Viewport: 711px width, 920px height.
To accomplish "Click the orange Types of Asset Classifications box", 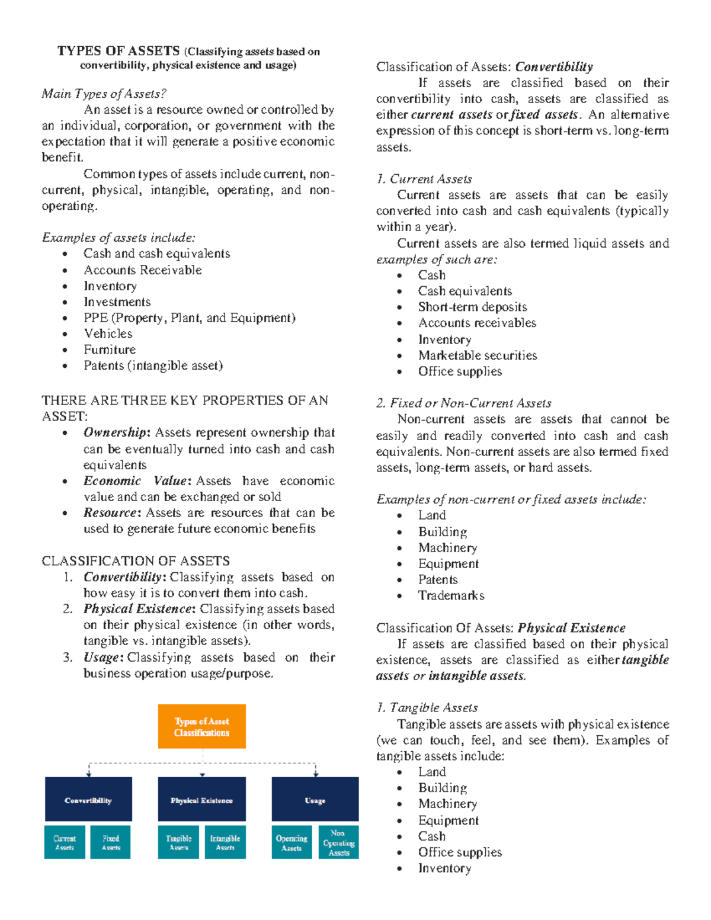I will tap(201, 726).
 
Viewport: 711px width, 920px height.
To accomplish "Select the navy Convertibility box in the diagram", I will tap(88, 799).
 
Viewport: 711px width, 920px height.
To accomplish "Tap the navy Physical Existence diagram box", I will tap(201, 799).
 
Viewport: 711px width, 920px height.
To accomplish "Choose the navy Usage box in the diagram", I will tap(315, 799).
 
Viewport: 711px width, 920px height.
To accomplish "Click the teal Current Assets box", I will tap(65, 842).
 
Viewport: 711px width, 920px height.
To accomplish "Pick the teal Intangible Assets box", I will tap(225, 842).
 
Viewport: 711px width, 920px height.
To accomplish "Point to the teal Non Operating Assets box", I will tap(338, 842).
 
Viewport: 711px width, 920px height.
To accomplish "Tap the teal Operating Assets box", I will tap(292, 842).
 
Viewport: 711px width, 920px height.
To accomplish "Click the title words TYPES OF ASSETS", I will tap(118, 51).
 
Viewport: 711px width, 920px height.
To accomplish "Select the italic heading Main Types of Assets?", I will tap(104, 94).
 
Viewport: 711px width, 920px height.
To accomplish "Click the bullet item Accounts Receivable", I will tap(142, 270).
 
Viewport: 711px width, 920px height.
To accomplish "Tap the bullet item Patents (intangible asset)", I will tap(153, 366).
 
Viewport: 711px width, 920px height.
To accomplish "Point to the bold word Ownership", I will tap(115, 432).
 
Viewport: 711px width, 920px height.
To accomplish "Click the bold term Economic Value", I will tap(136, 481).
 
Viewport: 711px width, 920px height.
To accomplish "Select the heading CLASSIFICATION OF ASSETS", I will tap(136, 561).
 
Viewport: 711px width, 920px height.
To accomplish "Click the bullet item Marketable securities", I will tap(477, 355).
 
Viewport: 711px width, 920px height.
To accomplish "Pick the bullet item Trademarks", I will tap(451, 595).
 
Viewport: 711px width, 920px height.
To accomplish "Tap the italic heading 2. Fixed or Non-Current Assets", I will tap(463, 403).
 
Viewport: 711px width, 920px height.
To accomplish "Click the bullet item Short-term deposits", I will tap(472, 307).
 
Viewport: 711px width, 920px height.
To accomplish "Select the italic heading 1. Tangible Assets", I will tap(427, 708).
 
